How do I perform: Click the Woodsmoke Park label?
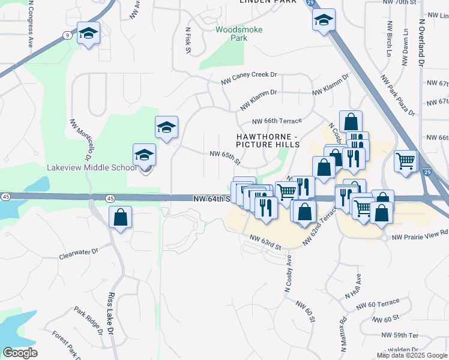click(231, 33)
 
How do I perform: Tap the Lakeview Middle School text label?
click(92, 167)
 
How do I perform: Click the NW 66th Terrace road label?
click(277, 121)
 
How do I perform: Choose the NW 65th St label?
click(225, 158)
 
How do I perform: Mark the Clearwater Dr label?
click(78, 254)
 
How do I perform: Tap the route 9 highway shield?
click(67, 36)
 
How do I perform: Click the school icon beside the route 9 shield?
click(89, 34)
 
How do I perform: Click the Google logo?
click(20, 353)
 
